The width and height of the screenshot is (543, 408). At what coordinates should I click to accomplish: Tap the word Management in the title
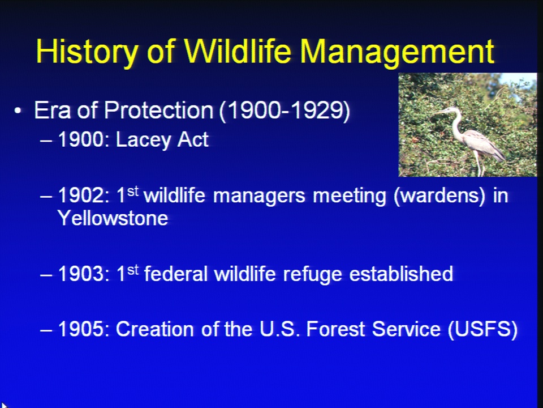tap(397, 52)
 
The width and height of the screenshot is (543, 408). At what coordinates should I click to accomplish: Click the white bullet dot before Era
tap(18, 111)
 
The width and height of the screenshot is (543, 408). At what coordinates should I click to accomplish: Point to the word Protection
tap(158, 110)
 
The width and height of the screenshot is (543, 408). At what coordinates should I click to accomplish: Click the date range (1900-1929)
tap(285, 111)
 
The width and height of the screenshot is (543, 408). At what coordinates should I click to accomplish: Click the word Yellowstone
tap(113, 218)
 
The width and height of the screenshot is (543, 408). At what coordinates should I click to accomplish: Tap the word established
tap(401, 273)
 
